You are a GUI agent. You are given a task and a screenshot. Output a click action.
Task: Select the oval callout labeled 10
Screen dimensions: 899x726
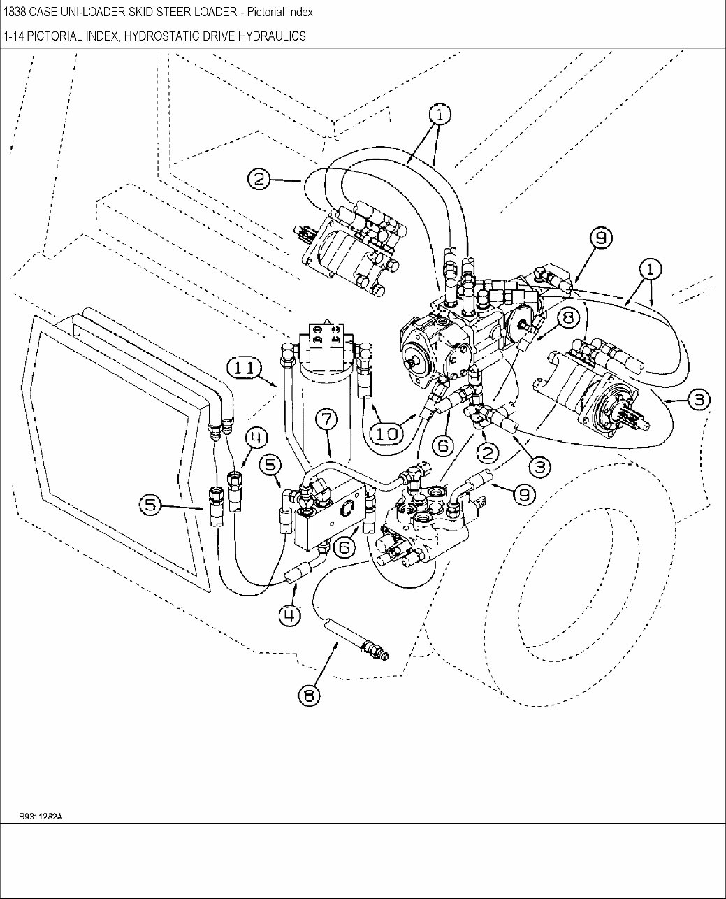[386, 433]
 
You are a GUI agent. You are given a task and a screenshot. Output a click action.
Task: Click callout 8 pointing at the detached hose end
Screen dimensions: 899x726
[309, 695]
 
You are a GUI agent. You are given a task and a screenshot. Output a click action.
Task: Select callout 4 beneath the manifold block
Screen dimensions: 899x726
[289, 614]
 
